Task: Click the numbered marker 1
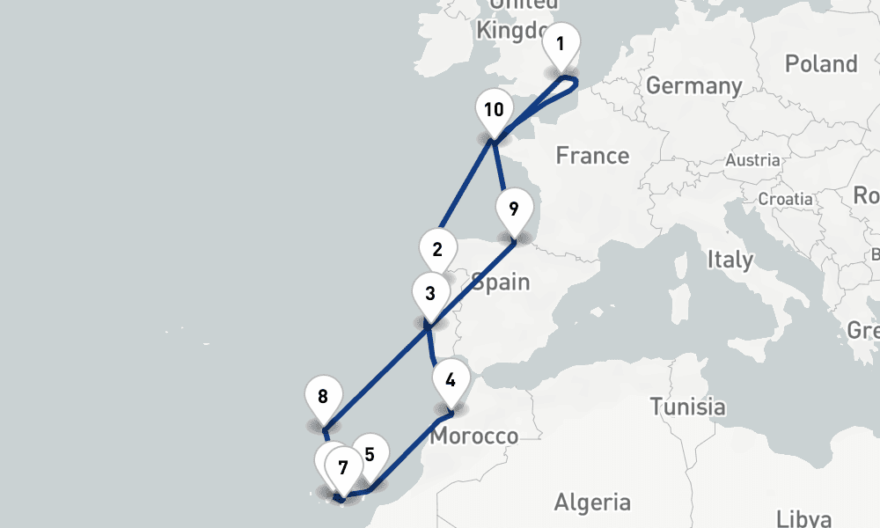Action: pyautogui.click(x=561, y=43)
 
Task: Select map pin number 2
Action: pyautogui.click(x=437, y=249)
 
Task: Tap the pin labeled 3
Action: pyautogui.click(x=429, y=293)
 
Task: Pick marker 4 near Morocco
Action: pyautogui.click(x=451, y=380)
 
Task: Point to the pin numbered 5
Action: pyautogui.click(x=370, y=454)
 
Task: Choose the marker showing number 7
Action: pyautogui.click(x=342, y=467)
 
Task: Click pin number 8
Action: pyautogui.click(x=323, y=396)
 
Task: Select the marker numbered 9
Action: pyautogui.click(x=514, y=209)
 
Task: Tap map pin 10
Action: pyautogui.click(x=494, y=110)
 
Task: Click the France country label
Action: pyautogui.click(x=592, y=156)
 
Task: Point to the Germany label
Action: pyautogui.click(x=693, y=86)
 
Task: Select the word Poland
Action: pyautogui.click(x=820, y=64)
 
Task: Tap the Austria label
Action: pyautogui.click(x=752, y=160)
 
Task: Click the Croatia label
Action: pyautogui.click(x=785, y=199)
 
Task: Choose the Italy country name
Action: pyautogui.click(x=730, y=260)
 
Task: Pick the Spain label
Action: pyautogui.click(x=500, y=282)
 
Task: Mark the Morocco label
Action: pyautogui.click(x=475, y=436)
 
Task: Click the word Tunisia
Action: pyautogui.click(x=687, y=407)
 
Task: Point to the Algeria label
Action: pyautogui.click(x=592, y=502)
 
